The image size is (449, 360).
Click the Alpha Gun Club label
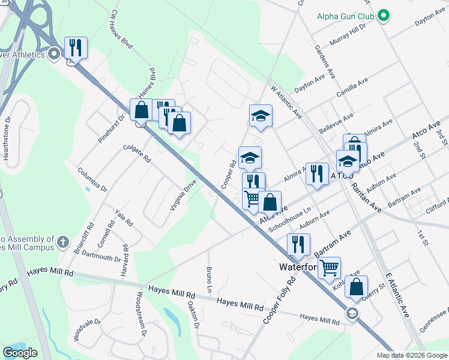(346, 16)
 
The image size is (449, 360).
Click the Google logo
(20, 353)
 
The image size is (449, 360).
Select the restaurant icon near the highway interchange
(76, 47)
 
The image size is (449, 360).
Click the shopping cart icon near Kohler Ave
(329, 268)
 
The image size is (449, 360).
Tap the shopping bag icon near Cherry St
(357, 287)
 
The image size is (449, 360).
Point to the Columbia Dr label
(92, 179)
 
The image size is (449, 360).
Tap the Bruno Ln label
(209, 280)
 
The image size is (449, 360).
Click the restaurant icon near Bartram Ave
(298, 244)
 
